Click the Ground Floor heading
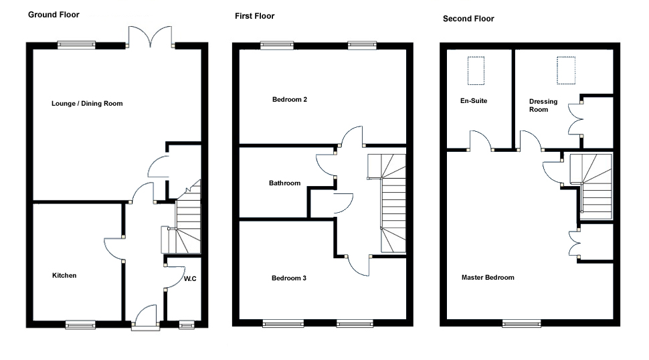(x=54, y=14)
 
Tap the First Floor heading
(x=254, y=16)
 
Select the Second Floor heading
(x=468, y=19)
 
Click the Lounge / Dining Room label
(x=87, y=104)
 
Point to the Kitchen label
(x=64, y=276)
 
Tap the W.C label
(x=190, y=278)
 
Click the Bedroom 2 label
(x=290, y=100)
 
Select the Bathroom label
(x=284, y=183)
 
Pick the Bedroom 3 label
(x=289, y=278)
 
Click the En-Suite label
(x=474, y=101)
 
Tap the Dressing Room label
(x=543, y=106)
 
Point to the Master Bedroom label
(x=488, y=278)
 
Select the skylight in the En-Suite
(x=476, y=71)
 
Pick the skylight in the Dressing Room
(x=566, y=71)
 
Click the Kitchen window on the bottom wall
(x=80, y=325)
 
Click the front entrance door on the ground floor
(x=145, y=319)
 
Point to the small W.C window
(x=186, y=325)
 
